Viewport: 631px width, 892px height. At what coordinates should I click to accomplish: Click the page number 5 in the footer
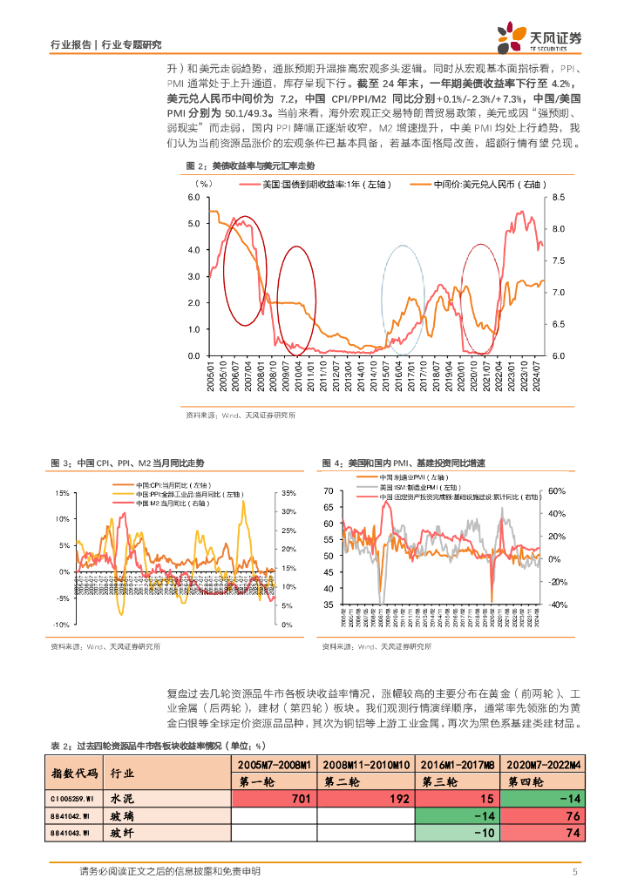click(575, 871)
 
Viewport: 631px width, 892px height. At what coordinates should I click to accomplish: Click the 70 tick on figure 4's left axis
click(328, 491)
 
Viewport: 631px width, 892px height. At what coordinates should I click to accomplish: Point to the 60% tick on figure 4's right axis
click(557, 491)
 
